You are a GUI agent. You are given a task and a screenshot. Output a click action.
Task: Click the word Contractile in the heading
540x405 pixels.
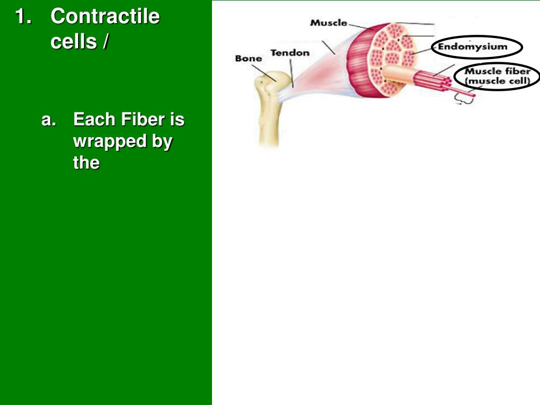click(x=105, y=16)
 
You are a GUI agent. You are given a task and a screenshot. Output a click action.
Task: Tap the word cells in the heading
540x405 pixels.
click(x=72, y=41)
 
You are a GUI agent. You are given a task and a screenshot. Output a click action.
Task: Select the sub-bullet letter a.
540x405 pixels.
click(x=49, y=120)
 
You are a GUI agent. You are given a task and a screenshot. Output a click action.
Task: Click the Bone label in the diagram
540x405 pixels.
click(x=248, y=59)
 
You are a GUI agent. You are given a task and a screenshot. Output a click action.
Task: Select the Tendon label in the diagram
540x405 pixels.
click(x=290, y=53)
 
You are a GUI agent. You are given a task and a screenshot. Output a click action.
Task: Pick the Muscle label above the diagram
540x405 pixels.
click(x=328, y=23)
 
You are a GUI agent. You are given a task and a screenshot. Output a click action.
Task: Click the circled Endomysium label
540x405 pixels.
click(x=472, y=46)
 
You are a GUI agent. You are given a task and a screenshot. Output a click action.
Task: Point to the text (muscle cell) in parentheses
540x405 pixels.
click(x=497, y=81)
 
